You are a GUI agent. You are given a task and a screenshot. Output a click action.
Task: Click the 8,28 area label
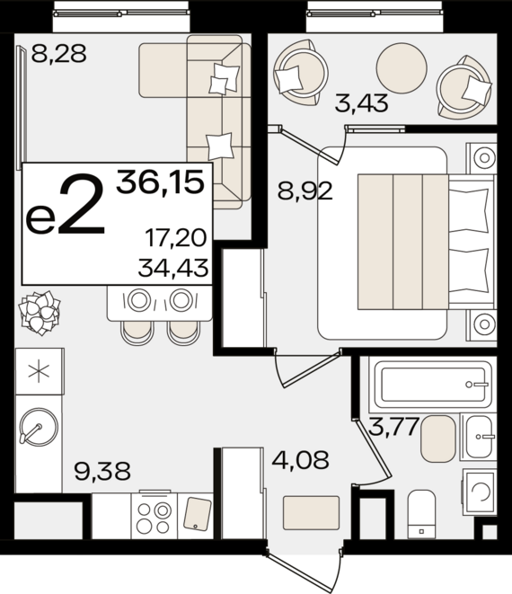(x=58, y=53)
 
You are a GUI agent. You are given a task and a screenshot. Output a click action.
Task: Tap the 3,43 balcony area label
(x=362, y=103)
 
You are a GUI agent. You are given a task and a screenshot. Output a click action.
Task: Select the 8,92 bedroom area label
(x=305, y=191)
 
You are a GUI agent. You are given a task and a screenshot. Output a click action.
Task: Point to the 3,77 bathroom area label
(x=394, y=427)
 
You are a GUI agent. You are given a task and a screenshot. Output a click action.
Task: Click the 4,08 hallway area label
(x=301, y=459)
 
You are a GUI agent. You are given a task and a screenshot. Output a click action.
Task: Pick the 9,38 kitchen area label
(x=102, y=471)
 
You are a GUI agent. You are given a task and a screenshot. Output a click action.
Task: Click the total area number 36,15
(x=160, y=182)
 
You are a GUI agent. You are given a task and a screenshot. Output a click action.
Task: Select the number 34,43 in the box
(x=173, y=268)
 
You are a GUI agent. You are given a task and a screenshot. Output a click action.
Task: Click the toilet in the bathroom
(x=421, y=514)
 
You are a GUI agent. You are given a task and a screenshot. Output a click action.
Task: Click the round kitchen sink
(x=39, y=427)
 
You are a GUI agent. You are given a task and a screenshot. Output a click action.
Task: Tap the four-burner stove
(x=154, y=516)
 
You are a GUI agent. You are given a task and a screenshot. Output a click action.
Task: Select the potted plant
(x=40, y=313)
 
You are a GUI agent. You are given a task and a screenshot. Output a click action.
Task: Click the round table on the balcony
(x=402, y=67)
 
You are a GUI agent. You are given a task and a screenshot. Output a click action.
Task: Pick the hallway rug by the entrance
(x=312, y=512)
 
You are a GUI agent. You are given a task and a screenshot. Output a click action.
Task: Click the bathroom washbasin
(x=478, y=437)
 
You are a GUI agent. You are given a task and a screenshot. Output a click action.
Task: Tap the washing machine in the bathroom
(x=480, y=492)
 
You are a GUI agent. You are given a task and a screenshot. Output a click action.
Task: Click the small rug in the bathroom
(x=437, y=439)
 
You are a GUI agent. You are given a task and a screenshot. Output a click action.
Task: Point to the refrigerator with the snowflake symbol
(x=39, y=371)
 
